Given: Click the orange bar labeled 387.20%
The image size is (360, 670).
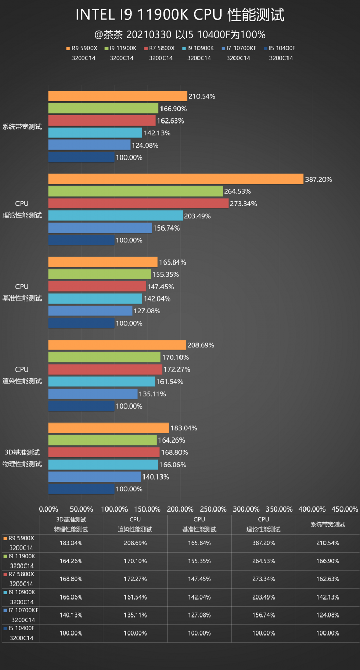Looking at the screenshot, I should tap(175, 179).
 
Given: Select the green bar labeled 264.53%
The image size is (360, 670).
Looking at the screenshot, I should tap(135, 191).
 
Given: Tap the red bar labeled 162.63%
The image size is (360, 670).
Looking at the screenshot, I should tap(102, 120).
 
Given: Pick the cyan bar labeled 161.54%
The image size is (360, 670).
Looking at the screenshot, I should tap(101, 381).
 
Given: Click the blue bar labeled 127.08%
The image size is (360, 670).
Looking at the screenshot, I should tap(90, 311).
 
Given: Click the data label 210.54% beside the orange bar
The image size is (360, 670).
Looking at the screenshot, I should tap(202, 96).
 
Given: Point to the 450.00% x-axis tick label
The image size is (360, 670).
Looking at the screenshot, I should tap(345, 509).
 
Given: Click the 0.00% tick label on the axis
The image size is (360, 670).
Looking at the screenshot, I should tap(49, 509).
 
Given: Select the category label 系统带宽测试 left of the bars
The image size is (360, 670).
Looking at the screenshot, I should tap(22, 127).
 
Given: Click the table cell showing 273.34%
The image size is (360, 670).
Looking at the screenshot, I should tap(263, 575).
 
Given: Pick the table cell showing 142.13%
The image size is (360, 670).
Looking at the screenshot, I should tap(328, 597).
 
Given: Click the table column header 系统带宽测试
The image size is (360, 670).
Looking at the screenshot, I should tap(328, 524).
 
